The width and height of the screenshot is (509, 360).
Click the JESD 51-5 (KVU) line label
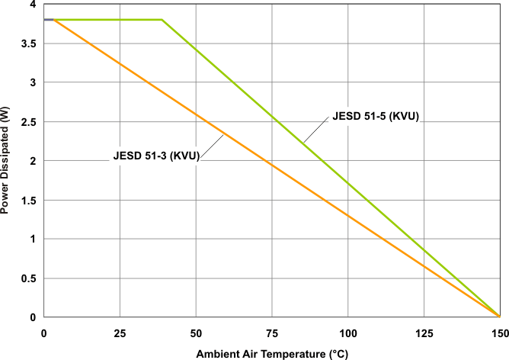(x=376, y=117)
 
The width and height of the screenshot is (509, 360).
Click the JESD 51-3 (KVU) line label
(x=156, y=156)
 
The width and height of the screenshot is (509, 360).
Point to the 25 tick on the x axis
(x=120, y=333)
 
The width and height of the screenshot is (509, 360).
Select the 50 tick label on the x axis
(x=196, y=333)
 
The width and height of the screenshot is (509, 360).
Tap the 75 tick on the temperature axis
(x=272, y=333)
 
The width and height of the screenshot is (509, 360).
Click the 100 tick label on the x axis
(x=347, y=333)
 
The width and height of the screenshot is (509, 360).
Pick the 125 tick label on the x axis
(x=424, y=333)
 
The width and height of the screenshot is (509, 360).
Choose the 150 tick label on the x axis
(x=499, y=333)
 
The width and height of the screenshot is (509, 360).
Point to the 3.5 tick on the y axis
(x=29, y=43)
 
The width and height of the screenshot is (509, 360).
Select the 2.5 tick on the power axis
(x=29, y=122)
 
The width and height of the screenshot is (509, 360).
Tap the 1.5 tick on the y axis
(x=29, y=201)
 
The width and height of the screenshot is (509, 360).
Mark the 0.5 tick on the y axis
(x=29, y=278)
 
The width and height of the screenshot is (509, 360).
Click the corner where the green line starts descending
(x=162, y=20)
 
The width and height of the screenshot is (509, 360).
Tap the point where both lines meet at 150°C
(x=499, y=316)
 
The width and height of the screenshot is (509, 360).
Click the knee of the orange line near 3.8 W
(x=53, y=20)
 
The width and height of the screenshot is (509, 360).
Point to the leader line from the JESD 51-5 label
(x=315, y=131)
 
